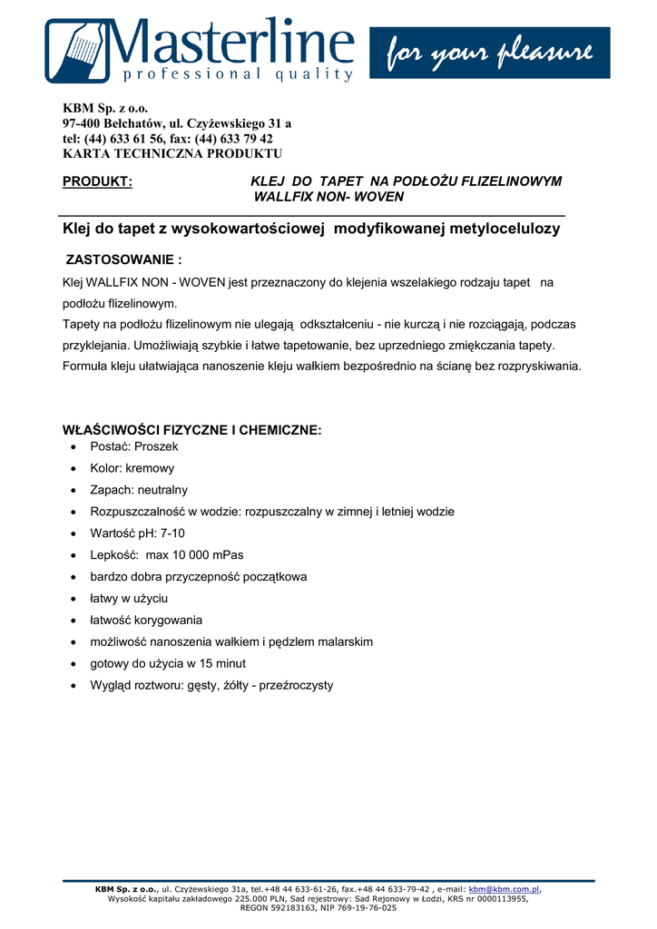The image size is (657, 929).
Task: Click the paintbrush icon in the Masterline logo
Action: tap(79, 50)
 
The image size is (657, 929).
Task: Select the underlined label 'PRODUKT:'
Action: tap(97, 181)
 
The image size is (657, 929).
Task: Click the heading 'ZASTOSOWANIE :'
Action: tap(124, 260)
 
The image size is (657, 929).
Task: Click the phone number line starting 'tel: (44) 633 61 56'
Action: tap(168, 139)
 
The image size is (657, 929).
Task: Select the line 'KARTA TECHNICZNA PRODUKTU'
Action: tap(172, 153)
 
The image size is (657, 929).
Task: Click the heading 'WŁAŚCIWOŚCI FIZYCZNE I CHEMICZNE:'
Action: tap(191, 430)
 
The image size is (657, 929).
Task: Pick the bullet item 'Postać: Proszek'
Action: tap(134, 446)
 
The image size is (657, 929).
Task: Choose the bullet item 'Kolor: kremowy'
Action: tap(132, 468)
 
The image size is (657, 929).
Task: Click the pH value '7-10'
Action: tap(172, 533)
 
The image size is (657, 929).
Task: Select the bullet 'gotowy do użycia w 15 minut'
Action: tap(168, 663)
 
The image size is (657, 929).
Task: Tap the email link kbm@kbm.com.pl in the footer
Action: tap(504, 890)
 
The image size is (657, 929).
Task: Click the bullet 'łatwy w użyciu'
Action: tap(129, 599)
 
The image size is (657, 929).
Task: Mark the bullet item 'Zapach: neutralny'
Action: tap(139, 490)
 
